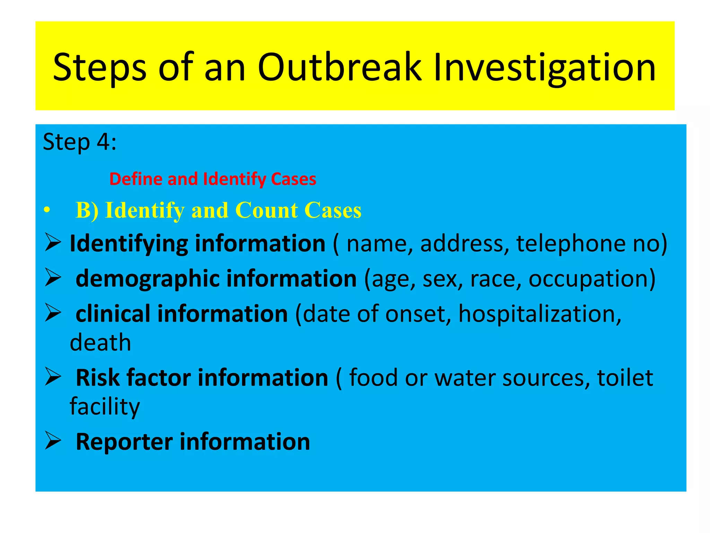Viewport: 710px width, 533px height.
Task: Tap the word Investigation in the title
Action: point(544,68)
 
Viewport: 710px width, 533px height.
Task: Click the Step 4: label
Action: point(79,142)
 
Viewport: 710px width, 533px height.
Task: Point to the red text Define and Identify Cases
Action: point(213,179)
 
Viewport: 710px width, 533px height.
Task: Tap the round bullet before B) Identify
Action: point(47,211)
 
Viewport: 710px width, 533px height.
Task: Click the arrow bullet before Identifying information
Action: point(53,243)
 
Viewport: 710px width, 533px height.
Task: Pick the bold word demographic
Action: point(147,279)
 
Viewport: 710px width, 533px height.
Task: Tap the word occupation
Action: point(591,279)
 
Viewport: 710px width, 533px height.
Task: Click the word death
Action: point(100,343)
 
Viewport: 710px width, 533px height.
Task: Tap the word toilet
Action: point(625,378)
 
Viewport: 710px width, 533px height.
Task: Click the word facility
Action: point(105,407)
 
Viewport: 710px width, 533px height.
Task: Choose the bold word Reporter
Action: point(124,442)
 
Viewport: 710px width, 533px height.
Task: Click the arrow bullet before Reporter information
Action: point(53,441)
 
